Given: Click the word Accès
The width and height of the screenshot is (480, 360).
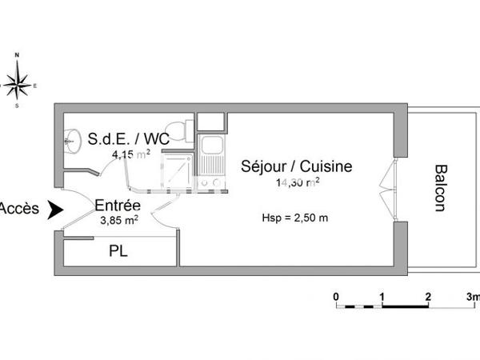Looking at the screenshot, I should [18, 210].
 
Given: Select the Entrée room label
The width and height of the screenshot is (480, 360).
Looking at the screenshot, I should [117, 205].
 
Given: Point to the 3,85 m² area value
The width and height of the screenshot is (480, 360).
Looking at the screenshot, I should [118, 218].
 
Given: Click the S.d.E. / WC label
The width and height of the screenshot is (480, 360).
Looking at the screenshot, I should [128, 138].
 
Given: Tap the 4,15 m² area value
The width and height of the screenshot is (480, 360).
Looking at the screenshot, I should [128, 154].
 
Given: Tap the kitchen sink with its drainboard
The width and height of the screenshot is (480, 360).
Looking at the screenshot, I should [213, 155].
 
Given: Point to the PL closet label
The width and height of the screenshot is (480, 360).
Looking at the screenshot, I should [118, 251].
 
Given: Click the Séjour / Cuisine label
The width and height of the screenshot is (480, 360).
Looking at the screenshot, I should [296, 166].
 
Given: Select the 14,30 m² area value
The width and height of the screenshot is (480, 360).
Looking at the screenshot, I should [298, 182].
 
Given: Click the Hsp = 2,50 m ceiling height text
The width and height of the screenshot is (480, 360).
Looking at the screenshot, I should [295, 218].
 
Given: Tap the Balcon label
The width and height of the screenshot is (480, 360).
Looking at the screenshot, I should [439, 188].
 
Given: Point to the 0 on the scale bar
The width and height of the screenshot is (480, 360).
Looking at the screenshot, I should [336, 295].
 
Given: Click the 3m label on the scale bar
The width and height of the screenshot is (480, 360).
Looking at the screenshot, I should [473, 295].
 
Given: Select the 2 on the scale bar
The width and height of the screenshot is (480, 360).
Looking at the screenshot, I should [428, 295].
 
